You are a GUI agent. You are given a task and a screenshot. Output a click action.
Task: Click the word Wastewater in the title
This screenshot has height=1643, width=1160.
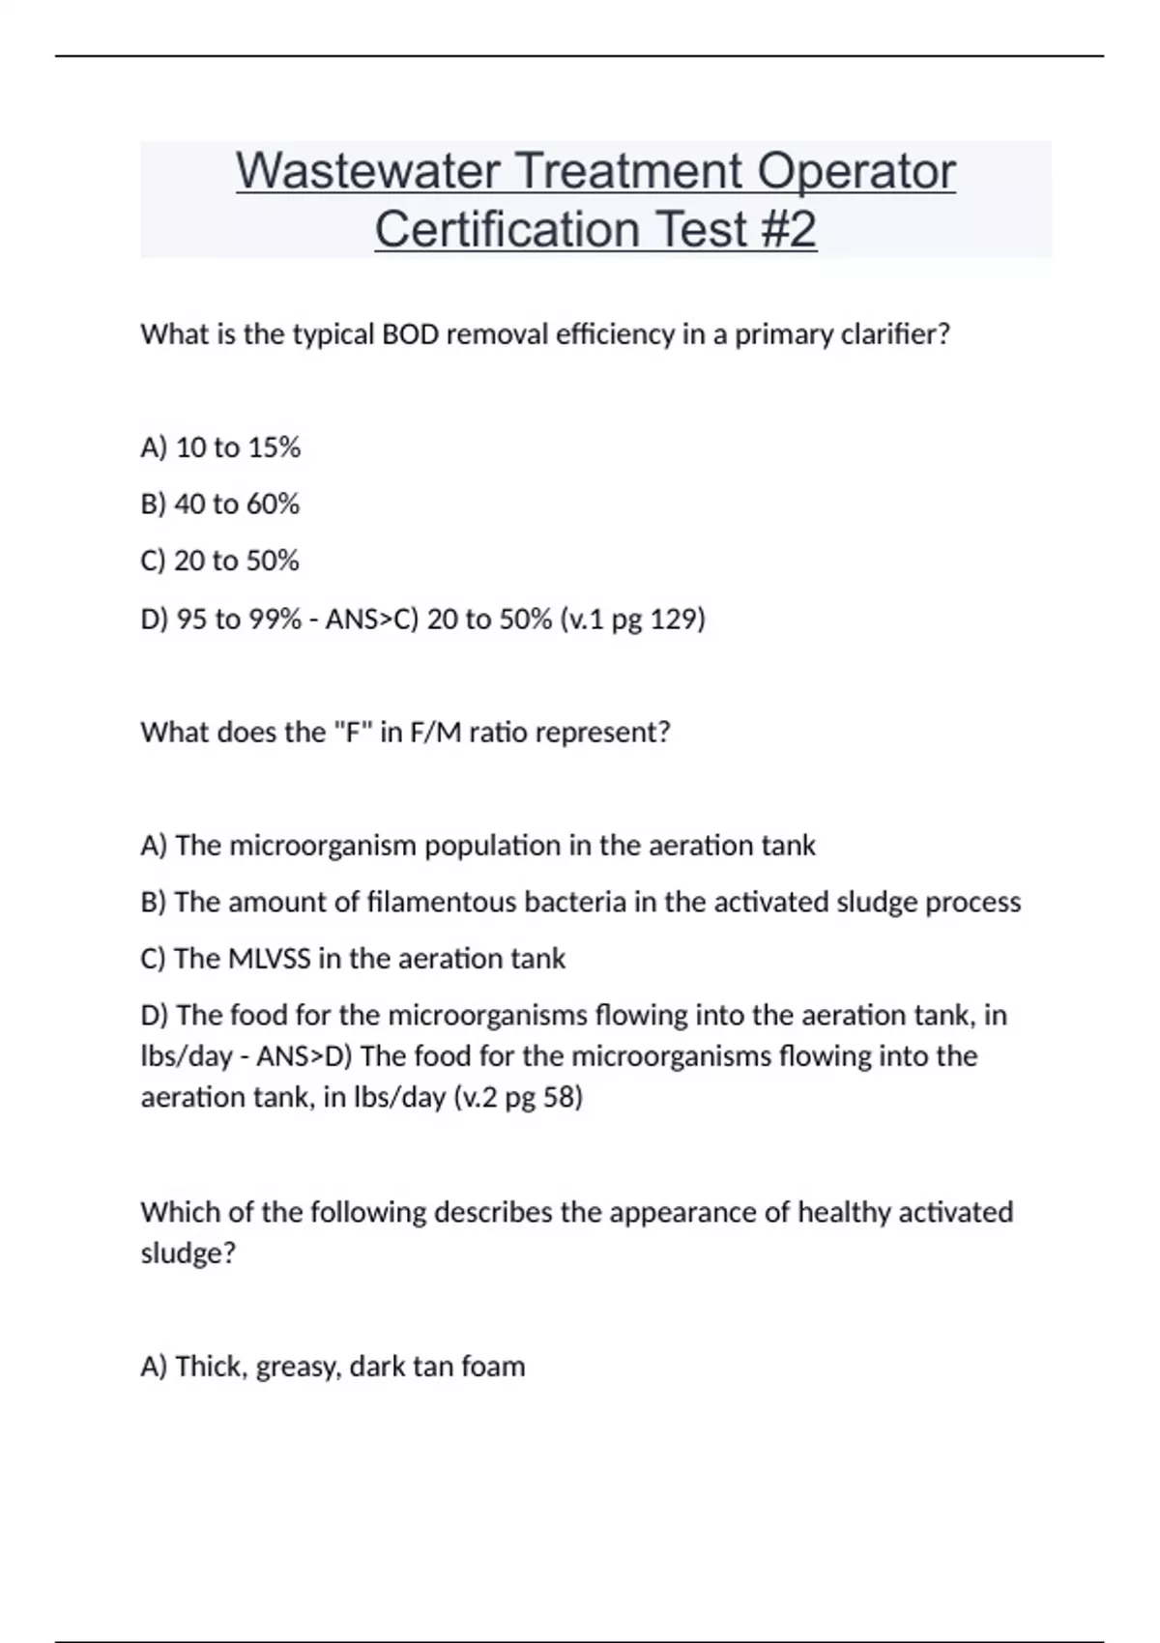367,171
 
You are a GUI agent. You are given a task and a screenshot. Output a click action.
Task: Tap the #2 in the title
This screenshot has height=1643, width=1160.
788,229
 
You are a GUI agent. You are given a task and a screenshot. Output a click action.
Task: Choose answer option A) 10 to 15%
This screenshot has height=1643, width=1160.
220,447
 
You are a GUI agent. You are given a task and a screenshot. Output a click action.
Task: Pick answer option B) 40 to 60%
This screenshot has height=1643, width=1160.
220,504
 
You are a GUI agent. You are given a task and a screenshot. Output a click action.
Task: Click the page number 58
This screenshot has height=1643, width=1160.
561,1097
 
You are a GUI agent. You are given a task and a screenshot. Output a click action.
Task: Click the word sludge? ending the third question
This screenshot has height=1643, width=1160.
188,1254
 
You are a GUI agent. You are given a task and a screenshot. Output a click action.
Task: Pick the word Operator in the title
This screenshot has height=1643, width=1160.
856,171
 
